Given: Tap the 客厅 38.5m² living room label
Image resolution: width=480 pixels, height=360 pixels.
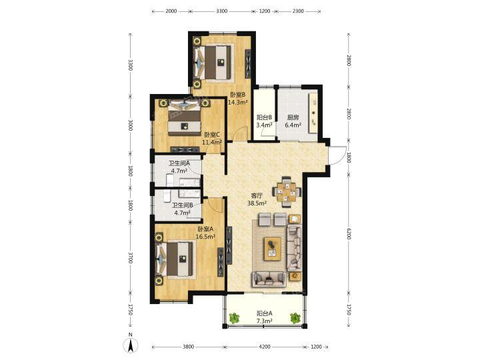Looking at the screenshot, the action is click(257, 199).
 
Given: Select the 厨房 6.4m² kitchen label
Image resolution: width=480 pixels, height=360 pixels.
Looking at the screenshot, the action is click(293, 121).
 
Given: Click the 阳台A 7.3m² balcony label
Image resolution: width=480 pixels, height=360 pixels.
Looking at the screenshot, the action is click(265, 317).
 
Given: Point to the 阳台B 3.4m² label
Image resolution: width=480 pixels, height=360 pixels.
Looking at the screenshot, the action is click(265, 121).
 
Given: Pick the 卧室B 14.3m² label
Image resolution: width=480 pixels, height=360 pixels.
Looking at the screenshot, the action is click(238, 99).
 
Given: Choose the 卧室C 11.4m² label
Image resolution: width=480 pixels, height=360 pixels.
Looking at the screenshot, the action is click(212, 138).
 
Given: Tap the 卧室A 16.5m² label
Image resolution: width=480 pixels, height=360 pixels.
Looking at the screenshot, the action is click(205, 233).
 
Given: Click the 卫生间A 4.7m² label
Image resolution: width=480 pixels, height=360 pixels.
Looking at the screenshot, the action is click(179, 167).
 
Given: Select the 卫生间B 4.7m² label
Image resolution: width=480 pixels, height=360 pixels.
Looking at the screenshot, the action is click(182, 209).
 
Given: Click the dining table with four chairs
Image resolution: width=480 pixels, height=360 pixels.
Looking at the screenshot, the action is click(287, 192).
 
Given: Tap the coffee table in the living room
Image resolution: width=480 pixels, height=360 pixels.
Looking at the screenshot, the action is click(273, 249).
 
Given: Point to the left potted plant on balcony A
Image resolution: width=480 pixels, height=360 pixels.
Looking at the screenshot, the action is click(234, 317).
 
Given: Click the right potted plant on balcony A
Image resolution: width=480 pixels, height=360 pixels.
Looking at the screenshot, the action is click(295, 317).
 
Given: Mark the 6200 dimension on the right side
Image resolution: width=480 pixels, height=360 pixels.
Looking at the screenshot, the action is click(349, 234).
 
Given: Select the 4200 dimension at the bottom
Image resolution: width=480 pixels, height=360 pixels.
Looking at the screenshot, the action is click(265, 347).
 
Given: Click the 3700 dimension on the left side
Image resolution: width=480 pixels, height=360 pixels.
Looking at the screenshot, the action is click(131, 257).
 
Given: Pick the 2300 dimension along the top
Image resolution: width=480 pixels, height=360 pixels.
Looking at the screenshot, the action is click(298, 11).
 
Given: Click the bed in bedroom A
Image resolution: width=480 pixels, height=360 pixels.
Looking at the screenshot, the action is click(175, 259).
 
